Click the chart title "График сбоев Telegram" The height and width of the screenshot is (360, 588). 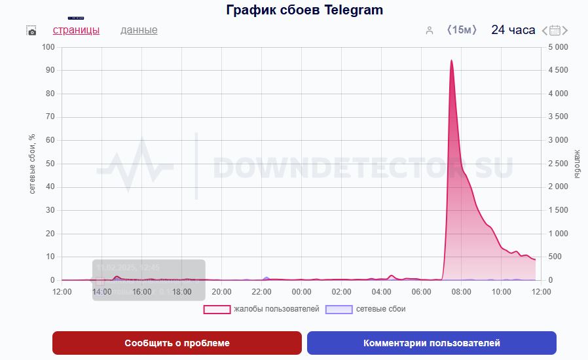304,10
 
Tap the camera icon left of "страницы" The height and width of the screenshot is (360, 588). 31,31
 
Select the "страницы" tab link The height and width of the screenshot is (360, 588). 76,30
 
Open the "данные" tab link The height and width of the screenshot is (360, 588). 139,30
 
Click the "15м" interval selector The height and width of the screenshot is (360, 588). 462,30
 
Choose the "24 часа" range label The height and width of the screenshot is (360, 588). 513,30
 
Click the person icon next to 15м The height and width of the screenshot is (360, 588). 430,30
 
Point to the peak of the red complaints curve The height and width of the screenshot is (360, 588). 451,60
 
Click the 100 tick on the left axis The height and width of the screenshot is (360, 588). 48,47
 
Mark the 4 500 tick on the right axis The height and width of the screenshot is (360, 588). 558,71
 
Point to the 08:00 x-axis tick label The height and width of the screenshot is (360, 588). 461,291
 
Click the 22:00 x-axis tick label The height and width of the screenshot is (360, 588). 261,291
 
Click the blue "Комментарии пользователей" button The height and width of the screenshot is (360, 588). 432,343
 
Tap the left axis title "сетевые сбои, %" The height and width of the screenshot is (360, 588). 32,164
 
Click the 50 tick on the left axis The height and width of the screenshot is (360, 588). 50,164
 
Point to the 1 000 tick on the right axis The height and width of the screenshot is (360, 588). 558,234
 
